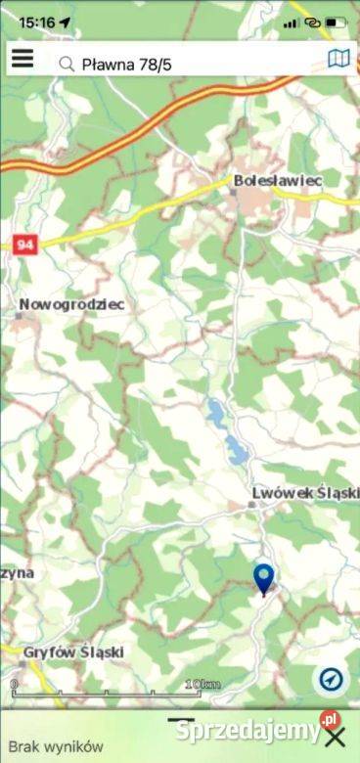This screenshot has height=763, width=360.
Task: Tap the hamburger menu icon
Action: [22, 60]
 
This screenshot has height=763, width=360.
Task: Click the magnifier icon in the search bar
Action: [67, 65]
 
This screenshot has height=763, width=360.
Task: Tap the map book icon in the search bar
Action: [338, 60]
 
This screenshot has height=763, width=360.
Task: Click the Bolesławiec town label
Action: [278, 180]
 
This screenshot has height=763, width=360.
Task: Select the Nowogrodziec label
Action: [71, 304]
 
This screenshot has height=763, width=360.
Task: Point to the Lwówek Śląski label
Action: [304, 493]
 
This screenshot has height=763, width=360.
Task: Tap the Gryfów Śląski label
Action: [73, 651]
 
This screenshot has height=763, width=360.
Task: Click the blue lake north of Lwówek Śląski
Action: [233, 445]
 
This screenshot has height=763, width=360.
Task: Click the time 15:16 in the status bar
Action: [36, 21]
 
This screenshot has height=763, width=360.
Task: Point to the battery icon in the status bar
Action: [337, 22]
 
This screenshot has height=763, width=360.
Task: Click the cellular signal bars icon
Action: [292, 22]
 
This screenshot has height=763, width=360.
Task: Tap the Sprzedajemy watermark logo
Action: [249, 729]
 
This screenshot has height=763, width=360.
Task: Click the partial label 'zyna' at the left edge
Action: [18, 572]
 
